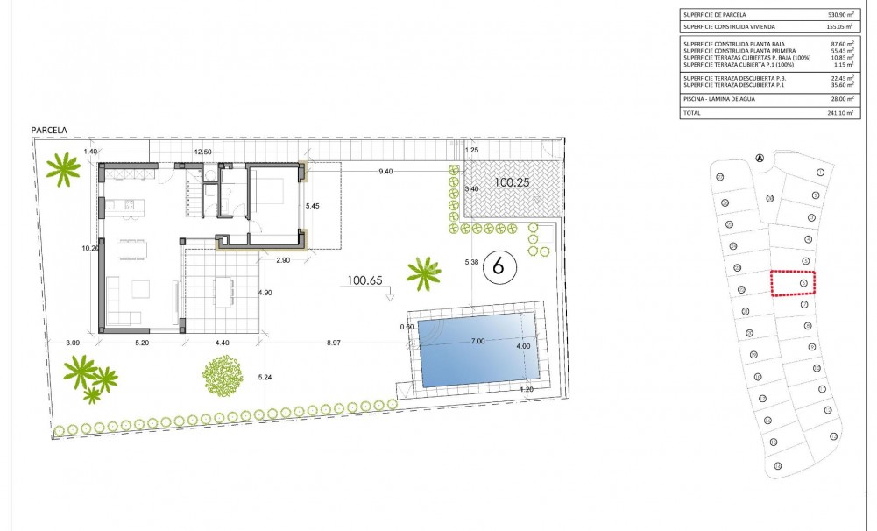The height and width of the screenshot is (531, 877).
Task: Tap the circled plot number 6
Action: pyautogui.click(x=499, y=265)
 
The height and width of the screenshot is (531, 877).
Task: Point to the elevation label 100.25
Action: pyautogui.click(x=513, y=183)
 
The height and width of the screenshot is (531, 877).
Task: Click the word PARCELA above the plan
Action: pyautogui.click(x=49, y=130)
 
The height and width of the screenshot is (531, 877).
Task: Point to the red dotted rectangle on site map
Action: pyautogui.click(x=793, y=283)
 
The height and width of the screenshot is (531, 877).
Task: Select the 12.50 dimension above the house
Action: pyautogui.click(x=202, y=152)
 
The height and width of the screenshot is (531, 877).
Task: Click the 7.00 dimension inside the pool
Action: pyautogui.click(x=477, y=340)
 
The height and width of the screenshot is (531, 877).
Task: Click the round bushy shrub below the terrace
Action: pyautogui.click(x=223, y=377)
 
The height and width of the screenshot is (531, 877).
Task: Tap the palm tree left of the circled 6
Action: pyautogui.click(x=424, y=273)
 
